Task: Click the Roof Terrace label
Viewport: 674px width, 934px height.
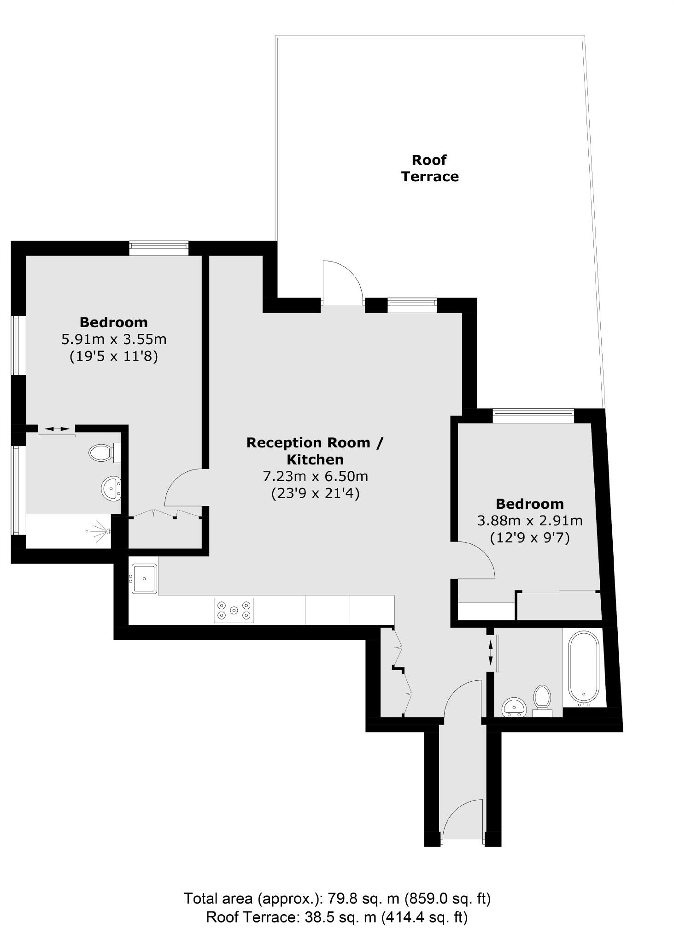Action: pyautogui.click(x=429, y=168)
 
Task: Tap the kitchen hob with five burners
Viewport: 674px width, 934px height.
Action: pyautogui.click(x=234, y=610)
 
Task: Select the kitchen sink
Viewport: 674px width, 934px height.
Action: pyautogui.click(x=145, y=578)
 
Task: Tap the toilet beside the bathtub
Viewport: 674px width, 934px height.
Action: pyautogui.click(x=542, y=699)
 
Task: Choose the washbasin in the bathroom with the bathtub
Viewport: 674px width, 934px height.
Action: pyautogui.click(x=514, y=707)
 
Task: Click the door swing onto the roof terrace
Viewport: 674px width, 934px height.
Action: pyautogui.click(x=342, y=283)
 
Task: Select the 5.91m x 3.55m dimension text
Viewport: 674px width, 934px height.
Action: pyautogui.click(x=114, y=339)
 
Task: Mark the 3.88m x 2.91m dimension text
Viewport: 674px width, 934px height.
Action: pyautogui.click(x=529, y=521)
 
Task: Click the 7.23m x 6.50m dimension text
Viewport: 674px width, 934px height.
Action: pyautogui.click(x=315, y=476)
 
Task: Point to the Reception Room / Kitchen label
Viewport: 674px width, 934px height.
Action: pyautogui.click(x=315, y=451)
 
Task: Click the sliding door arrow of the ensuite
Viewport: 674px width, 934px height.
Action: pyautogui.click(x=56, y=428)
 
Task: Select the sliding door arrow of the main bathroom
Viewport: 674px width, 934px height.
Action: pyautogui.click(x=491, y=651)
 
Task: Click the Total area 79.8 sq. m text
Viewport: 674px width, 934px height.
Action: pyautogui.click(x=337, y=898)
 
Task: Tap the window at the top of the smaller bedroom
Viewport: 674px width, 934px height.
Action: pyautogui.click(x=533, y=416)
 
